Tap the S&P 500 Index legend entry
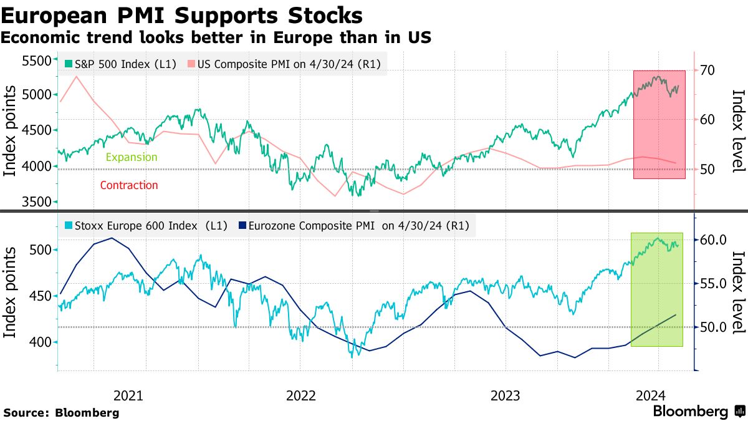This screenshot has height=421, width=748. [122, 64]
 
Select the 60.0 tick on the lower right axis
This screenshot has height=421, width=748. [714, 240]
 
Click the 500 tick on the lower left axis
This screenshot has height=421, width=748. [39, 249]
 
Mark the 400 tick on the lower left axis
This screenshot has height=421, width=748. [39, 342]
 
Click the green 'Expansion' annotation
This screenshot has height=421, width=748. [132, 157]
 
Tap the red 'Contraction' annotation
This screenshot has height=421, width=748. [129, 185]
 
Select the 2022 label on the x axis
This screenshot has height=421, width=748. [300, 395]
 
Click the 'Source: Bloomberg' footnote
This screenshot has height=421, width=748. [61, 412]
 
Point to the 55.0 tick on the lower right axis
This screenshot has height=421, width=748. [714, 284]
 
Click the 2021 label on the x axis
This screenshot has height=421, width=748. [128, 395]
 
